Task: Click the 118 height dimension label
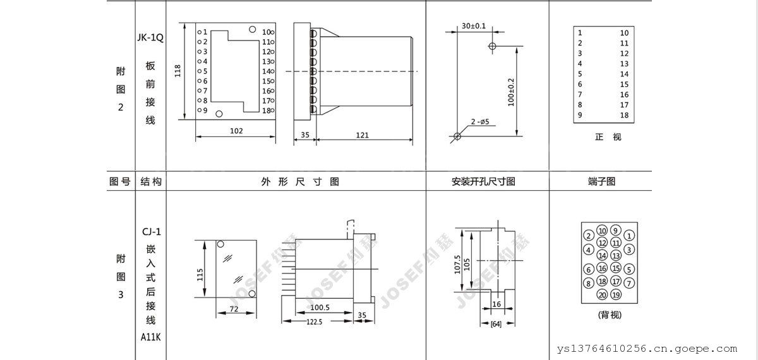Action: click(177, 71)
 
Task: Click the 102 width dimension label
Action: click(236, 131)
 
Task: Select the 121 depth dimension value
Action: click(362, 135)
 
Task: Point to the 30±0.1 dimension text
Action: click(474, 26)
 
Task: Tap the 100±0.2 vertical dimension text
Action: click(511, 92)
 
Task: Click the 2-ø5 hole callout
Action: click(480, 121)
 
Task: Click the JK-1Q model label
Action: click(150, 37)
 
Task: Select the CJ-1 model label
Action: click(152, 232)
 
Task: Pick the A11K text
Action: click(151, 337)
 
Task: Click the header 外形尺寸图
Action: click(300, 182)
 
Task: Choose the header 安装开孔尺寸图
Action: click(483, 182)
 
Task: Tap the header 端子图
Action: click(601, 182)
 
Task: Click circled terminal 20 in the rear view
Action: click(603, 295)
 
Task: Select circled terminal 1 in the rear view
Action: click(629, 236)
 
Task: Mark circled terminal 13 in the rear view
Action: click(616, 255)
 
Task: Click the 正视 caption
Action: click(608, 137)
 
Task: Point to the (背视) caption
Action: click(610, 315)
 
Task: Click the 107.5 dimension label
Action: click(457, 264)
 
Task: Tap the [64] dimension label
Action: click(496, 324)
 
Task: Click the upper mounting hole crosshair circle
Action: click(492, 46)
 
